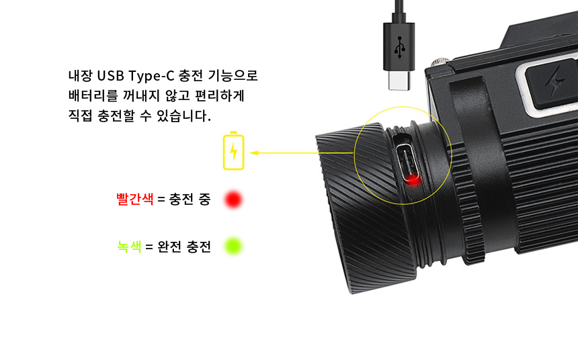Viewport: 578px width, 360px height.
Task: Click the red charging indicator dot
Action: [x=233, y=199]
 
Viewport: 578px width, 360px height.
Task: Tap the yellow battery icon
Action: [x=233, y=151]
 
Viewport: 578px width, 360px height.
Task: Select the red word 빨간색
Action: [x=134, y=199]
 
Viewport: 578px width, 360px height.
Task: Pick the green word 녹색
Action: [x=129, y=246]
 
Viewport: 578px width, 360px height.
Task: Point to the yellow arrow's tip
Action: [x=252, y=152]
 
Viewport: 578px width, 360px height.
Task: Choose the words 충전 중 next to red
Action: [x=190, y=199]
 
